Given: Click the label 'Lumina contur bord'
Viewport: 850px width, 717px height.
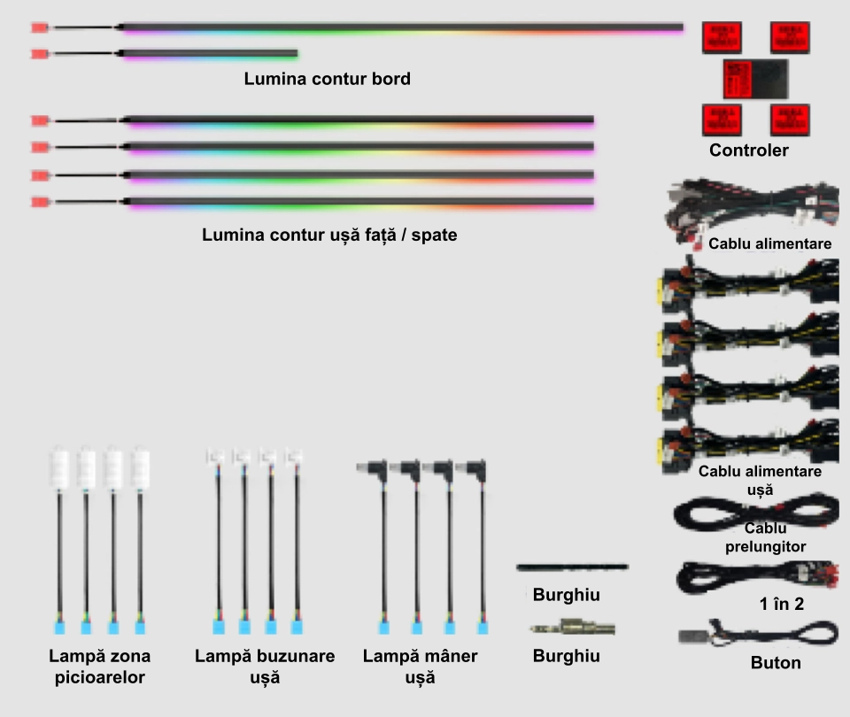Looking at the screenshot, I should [x=327, y=79].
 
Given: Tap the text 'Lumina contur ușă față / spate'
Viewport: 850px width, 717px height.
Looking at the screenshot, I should [x=329, y=236].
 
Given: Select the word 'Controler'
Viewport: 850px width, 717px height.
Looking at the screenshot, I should [x=748, y=150].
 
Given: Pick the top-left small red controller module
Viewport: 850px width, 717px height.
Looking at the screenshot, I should [x=722, y=37].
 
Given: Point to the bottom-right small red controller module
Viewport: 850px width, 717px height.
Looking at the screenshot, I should [x=790, y=119].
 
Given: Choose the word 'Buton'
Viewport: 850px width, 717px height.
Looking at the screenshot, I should [x=775, y=662].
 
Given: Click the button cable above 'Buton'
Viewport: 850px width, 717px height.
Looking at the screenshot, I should [x=757, y=634].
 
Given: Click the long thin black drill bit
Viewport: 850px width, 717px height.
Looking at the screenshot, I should [x=572, y=567].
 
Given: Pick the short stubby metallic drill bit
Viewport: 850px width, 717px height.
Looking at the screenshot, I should [x=572, y=629].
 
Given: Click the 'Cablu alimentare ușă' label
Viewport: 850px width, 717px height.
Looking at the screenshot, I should [x=760, y=480].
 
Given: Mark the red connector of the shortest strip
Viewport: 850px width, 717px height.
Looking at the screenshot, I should [x=39, y=54].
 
